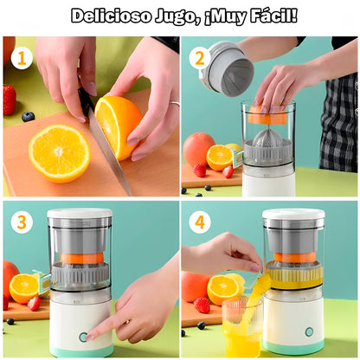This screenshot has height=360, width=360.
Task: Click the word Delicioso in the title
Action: [x=111, y=16]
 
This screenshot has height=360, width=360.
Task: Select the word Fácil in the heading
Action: [x=269, y=16]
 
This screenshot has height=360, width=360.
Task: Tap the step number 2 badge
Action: [x=200, y=59]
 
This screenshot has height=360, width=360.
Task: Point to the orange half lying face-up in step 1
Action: [x=59, y=153]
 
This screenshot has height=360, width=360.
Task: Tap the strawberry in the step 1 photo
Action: [x=10, y=100]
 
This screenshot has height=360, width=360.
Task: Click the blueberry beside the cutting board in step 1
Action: [x=29, y=116]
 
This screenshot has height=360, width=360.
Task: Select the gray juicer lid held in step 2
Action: [x=227, y=69]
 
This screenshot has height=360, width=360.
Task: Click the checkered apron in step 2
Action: [x=338, y=130]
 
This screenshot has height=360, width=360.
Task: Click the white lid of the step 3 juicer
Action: [x=80, y=214]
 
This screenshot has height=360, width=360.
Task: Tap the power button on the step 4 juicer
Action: [x=309, y=331]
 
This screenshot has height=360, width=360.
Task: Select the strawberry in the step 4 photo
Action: [x=202, y=305]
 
